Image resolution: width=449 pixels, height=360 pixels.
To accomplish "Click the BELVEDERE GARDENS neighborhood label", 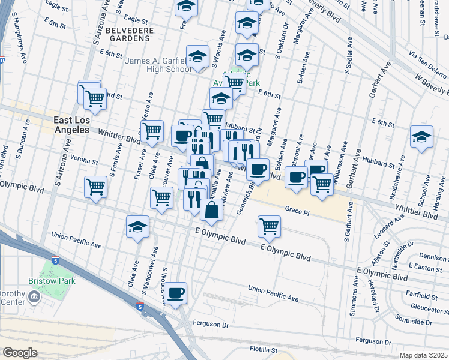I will [127, 34].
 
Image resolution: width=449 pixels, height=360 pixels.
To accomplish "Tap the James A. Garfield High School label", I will [158, 65].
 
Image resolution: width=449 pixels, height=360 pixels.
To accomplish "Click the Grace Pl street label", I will [297, 211].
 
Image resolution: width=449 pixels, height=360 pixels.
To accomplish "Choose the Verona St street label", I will [84, 161].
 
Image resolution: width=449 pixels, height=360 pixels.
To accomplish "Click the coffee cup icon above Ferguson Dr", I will [176, 293].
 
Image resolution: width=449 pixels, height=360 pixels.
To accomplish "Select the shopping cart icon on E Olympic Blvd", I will [269, 226].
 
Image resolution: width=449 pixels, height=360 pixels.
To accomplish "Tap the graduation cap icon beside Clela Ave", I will [137, 227].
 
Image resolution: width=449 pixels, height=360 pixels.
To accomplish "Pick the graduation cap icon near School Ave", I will [421, 137].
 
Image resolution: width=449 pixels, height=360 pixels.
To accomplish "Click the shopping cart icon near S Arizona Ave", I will [95, 187].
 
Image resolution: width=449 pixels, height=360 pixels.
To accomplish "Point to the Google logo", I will [20, 353].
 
